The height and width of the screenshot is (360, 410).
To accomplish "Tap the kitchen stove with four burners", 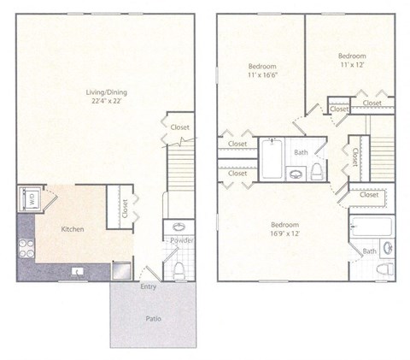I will tap(25, 247).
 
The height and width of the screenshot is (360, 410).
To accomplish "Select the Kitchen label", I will tap(72, 229).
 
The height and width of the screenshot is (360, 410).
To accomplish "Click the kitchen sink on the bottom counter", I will tap(78, 273).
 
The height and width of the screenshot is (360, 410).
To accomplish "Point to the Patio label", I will tap(153, 319).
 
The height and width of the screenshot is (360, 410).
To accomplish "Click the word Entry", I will tap(149, 287).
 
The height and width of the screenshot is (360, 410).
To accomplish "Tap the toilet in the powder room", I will tap(179, 269).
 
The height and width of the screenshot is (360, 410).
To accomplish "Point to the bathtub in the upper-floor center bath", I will tap(272, 158).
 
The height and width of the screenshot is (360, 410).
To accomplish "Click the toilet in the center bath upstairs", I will tap(317, 170).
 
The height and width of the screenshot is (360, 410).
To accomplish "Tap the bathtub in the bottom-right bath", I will tap(371, 227).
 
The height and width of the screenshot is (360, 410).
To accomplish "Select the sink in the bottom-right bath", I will tap(387, 249).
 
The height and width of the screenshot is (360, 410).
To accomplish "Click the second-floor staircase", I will tap(381, 154).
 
